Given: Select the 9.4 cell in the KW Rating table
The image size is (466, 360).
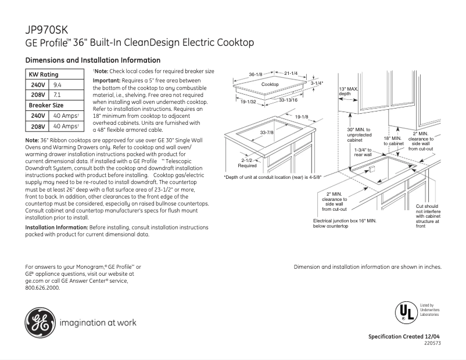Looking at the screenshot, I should point(58,84).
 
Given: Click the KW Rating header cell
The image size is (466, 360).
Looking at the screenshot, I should point(44,74).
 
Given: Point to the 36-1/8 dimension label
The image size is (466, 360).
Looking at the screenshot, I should point(256,74).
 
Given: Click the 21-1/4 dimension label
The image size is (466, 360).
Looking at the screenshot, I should point(291,73).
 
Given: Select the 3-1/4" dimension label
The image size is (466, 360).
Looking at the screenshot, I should point(317,84).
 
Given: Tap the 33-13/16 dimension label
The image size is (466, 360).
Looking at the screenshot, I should point(288,100).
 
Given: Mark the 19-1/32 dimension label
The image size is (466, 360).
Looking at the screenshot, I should point(249,102).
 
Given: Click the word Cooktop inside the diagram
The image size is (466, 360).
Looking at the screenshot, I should point(270,85).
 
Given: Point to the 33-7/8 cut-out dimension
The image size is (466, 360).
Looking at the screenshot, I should point(267,133).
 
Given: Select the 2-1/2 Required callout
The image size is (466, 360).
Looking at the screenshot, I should point(248,163).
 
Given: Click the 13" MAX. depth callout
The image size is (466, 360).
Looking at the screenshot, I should point(346,91).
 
